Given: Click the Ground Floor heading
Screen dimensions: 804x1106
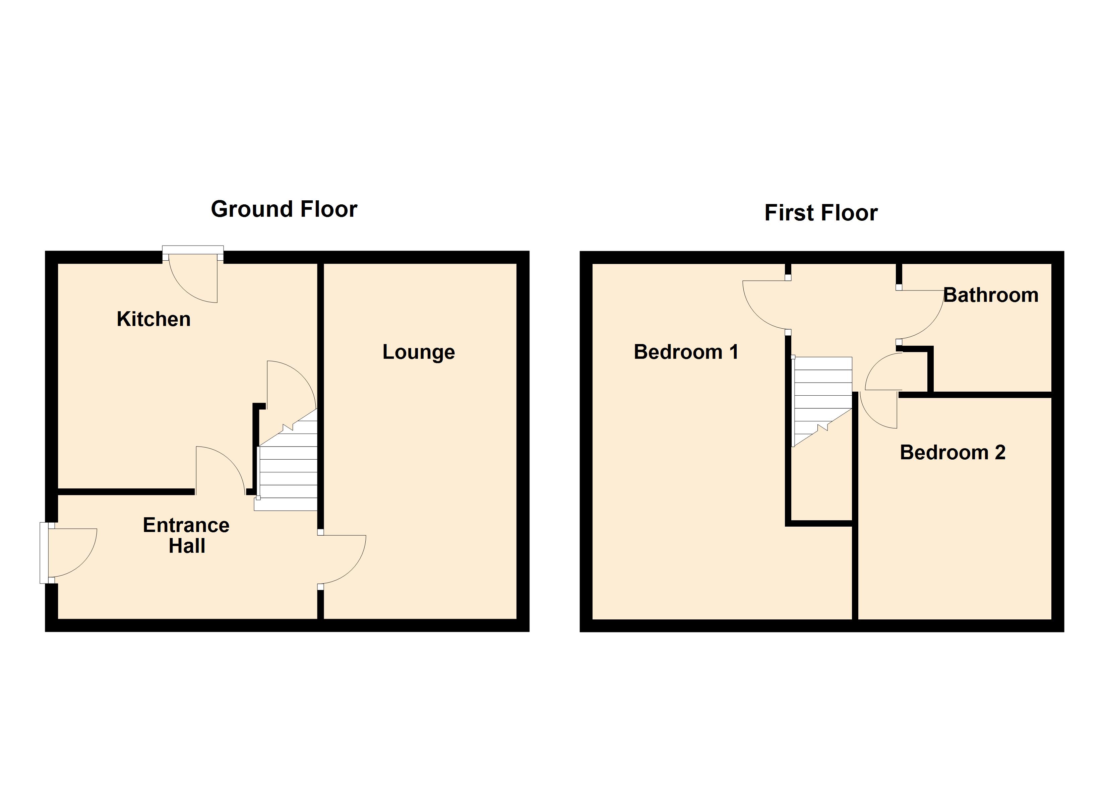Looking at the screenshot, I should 284,209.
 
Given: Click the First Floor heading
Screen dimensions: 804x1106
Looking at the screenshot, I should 821,213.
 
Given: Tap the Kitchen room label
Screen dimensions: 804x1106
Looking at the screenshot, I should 153,319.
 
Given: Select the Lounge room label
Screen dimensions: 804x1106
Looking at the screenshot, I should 418,352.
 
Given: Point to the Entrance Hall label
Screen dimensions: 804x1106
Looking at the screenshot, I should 186,535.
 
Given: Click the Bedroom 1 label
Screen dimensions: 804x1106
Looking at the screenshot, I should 686,352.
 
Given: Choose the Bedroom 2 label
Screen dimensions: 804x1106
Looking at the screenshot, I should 953,453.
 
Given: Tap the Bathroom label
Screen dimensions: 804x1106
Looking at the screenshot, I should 990,295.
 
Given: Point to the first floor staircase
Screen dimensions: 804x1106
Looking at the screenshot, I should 822,395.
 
